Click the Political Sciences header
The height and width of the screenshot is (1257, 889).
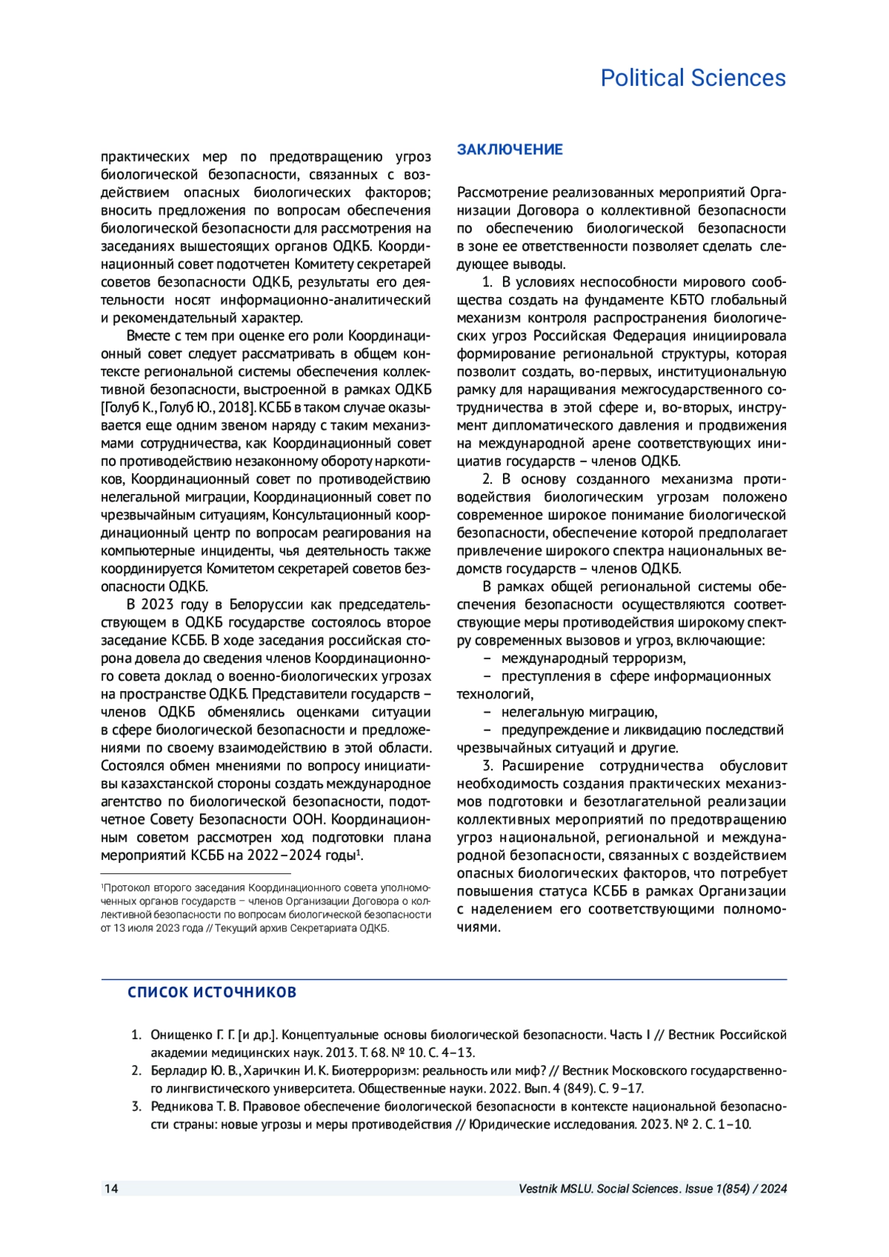[693, 78]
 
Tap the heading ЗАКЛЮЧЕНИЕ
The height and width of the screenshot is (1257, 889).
[510, 150]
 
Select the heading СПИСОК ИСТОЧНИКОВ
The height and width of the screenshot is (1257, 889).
[212, 993]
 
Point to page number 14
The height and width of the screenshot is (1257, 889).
[110, 1189]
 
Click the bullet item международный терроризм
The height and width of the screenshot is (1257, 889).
[593, 658]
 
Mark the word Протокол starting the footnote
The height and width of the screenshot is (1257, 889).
[126, 887]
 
